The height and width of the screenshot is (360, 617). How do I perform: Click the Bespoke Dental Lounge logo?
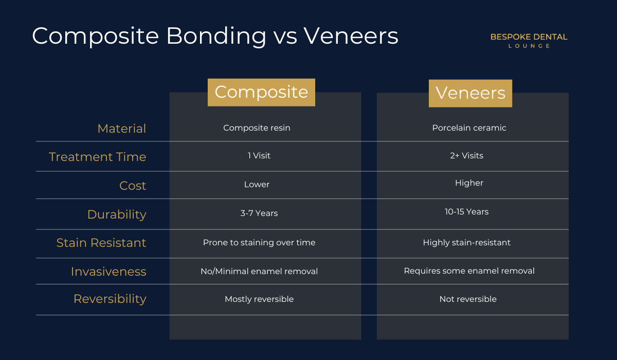click(x=529, y=41)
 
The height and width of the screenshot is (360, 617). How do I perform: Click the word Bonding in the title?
click(x=216, y=37)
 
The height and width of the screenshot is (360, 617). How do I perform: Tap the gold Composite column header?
click(x=261, y=92)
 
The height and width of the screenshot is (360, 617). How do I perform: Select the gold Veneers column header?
click(x=470, y=94)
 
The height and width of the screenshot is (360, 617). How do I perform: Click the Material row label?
click(x=122, y=129)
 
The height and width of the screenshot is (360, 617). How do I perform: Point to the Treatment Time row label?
click(x=98, y=157)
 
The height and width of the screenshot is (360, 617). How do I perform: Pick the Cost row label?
click(x=133, y=186)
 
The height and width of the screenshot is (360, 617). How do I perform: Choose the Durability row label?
click(x=117, y=214)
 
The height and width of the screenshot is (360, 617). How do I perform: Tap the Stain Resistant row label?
click(x=101, y=243)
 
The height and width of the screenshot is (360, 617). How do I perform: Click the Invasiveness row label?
click(x=108, y=272)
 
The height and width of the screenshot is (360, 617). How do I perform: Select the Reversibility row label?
click(x=110, y=299)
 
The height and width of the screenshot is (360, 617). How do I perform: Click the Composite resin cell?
click(x=257, y=128)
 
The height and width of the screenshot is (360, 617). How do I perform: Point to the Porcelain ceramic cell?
click(x=469, y=128)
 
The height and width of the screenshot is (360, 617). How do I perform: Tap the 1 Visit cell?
click(x=259, y=156)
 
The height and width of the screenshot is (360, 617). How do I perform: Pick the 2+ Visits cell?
click(x=467, y=156)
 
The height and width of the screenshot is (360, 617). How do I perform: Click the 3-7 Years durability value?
click(x=259, y=213)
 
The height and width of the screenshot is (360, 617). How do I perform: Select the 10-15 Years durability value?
click(x=467, y=211)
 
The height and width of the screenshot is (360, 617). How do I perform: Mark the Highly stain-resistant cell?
click(x=467, y=243)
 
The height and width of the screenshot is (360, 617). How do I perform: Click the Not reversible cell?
click(x=468, y=299)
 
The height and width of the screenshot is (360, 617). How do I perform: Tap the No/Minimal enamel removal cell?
click(x=259, y=272)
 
